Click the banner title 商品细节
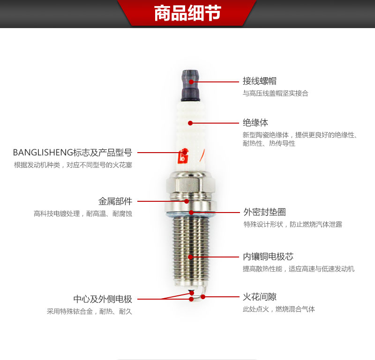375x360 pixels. (187, 13)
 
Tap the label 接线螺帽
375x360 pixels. (260, 81)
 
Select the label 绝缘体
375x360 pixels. (255, 123)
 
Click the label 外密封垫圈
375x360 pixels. (264, 212)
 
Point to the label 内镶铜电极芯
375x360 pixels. (268, 257)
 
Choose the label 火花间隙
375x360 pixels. (260, 297)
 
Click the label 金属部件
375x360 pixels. (115, 201)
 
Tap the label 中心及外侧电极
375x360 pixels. (103, 299)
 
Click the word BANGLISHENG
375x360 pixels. (43, 153)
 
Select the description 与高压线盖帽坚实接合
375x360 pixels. (276, 93)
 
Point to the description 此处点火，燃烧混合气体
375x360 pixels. (279, 309)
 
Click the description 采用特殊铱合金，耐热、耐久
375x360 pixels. (90, 311)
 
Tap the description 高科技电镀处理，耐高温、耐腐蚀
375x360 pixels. (83, 213)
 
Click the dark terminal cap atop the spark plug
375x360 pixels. (191, 86)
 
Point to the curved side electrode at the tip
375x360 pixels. (204, 293)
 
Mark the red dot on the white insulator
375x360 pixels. (190, 123)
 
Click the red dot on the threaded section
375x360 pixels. (190, 257)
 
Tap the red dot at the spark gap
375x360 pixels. (203, 297)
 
